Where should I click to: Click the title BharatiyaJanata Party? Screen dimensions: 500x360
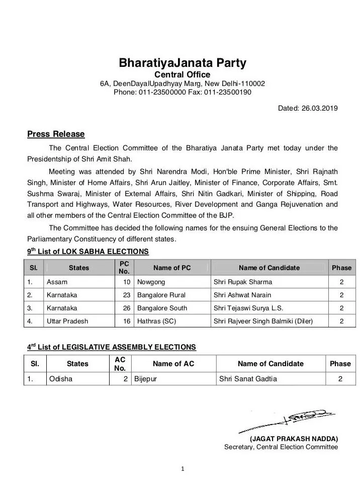coord(183,63)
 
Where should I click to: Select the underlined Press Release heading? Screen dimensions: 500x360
coord(56,134)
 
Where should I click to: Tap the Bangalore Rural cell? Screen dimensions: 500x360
coord(161,295)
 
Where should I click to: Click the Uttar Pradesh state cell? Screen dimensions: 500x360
coord(67,321)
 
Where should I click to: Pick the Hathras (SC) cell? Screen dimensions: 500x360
coord(156,321)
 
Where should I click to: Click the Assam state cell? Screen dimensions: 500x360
coord(57,282)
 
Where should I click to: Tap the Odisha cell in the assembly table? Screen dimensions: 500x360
coord(61,379)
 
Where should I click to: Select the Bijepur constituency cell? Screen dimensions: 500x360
coord(146,379)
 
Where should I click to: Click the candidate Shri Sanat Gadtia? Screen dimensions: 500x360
coord(248,379)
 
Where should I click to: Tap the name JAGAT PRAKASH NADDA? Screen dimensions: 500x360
coord(294,439)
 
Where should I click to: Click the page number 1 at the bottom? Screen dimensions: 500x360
coord(183,470)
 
